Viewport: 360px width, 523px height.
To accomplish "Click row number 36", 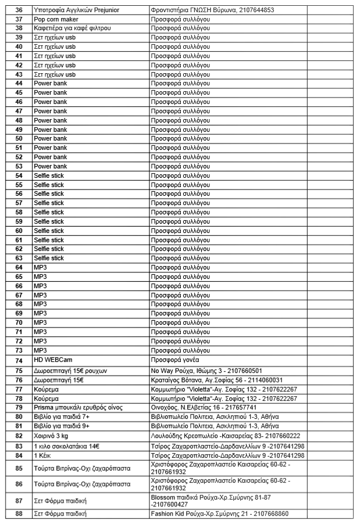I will [x=19, y=10].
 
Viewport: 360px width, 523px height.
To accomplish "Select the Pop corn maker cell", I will [x=56, y=19].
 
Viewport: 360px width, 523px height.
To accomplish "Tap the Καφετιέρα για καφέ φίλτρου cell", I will [x=72, y=28].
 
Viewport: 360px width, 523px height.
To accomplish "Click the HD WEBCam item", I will [x=53, y=360].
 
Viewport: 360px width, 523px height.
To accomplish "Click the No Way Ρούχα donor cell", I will [x=206, y=371].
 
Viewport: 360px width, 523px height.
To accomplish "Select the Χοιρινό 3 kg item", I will [x=55, y=436].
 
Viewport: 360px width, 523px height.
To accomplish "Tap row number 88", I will [x=19, y=514].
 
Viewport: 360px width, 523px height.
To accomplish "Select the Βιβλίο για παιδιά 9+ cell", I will [x=62, y=427].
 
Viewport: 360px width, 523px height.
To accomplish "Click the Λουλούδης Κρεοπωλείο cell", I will [x=225, y=436].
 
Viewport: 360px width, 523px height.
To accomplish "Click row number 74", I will [x=19, y=360].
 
